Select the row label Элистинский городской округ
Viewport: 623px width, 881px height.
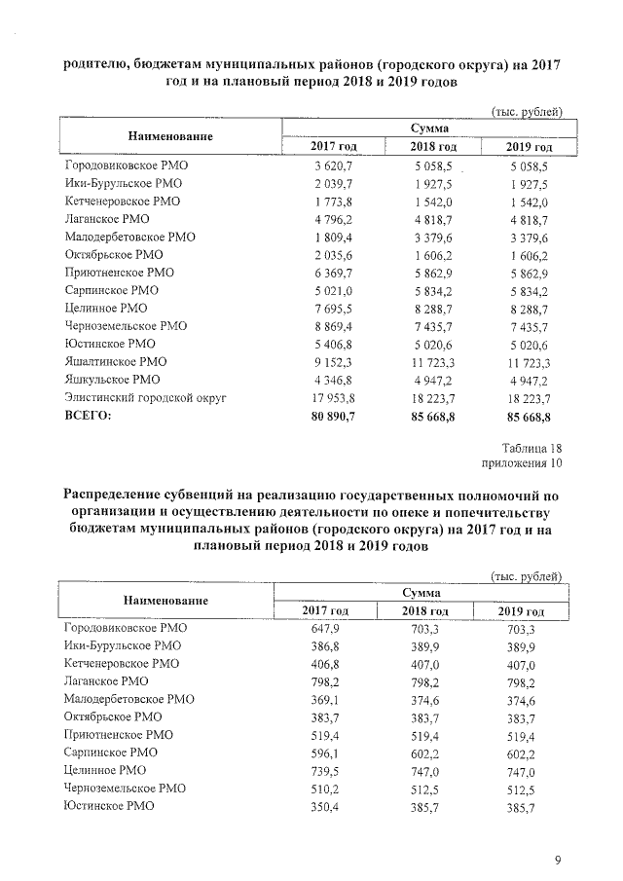pos(144,398)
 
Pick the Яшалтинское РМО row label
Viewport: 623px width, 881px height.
pos(115,362)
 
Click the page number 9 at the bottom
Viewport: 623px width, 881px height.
pos(558,859)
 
